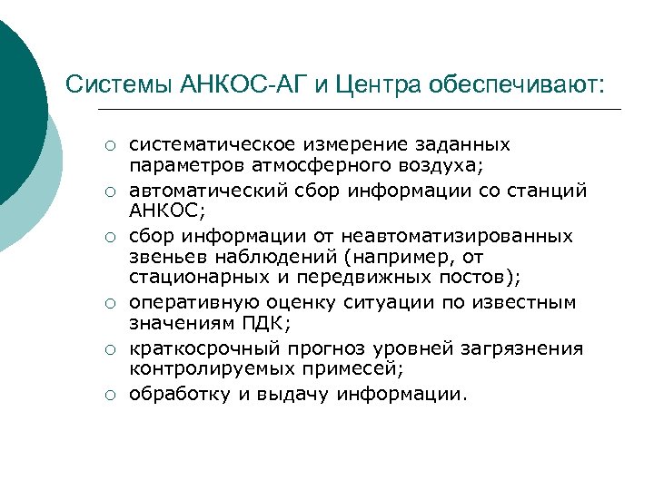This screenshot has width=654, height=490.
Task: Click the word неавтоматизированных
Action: [x=460, y=236]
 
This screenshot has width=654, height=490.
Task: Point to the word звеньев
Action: [x=164, y=257]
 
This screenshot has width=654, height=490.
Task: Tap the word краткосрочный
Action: [x=189, y=349]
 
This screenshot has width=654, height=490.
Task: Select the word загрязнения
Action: [x=531, y=349]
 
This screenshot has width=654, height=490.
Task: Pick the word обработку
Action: [x=174, y=394]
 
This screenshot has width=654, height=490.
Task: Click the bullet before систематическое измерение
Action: [x=107, y=145]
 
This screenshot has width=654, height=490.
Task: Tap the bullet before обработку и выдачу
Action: [x=107, y=395]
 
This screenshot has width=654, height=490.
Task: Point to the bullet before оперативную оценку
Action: [x=107, y=304]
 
